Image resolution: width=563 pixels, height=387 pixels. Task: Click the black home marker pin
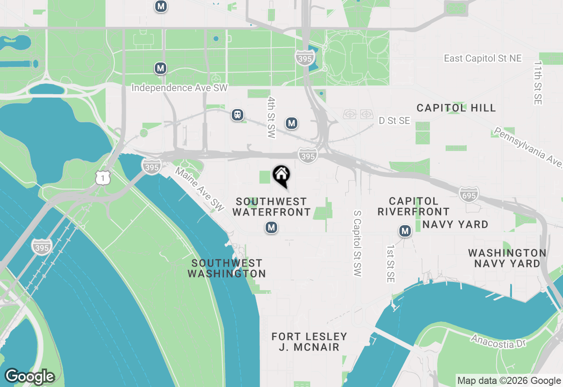pyautogui.click(x=281, y=175)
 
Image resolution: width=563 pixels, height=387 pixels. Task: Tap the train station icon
pyautogui.click(x=238, y=115)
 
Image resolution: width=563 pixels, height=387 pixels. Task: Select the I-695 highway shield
pyautogui.click(x=468, y=194)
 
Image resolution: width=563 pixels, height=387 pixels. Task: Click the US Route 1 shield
pyautogui.click(x=102, y=177)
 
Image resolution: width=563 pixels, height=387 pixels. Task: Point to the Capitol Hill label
pyautogui.click(x=456, y=108)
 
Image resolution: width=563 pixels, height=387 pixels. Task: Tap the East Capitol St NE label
pyautogui.click(x=483, y=58)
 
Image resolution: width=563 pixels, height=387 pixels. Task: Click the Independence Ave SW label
pyautogui.click(x=179, y=88)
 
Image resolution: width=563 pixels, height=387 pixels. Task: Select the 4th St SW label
pyautogui.click(x=271, y=118)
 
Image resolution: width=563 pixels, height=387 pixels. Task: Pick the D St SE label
pyautogui.click(x=394, y=120)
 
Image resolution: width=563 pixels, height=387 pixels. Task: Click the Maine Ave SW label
pyautogui.click(x=200, y=188)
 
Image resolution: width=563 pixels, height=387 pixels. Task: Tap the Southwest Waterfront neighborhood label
pyautogui.click(x=271, y=207)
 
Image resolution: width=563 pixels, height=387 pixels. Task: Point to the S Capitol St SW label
pyautogui.click(x=357, y=243)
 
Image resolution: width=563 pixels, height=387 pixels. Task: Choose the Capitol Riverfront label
pyautogui.click(x=413, y=207)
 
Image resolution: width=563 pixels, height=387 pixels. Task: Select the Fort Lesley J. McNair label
pyautogui.click(x=309, y=342)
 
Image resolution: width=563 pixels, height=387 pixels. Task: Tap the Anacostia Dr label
pyautogui.click(x=498, y=341)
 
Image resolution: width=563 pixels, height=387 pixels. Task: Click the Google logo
pyautogui.click(x=30, y=376)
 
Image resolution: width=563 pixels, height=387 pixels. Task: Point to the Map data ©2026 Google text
pyautogui.click(x=509, y=381)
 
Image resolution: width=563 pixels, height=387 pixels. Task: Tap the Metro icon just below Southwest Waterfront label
pyautogui.click(x=271, y=227)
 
